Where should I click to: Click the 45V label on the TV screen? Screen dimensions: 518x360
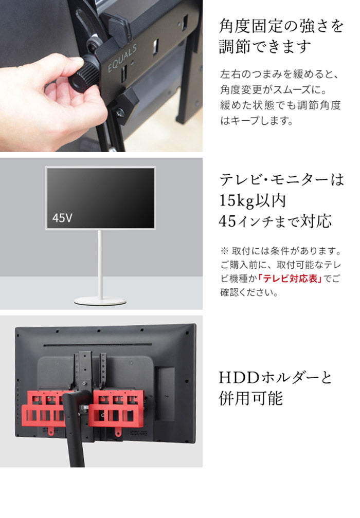pyautogui.click(x=62, y=218)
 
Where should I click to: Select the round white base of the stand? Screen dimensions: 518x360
pyautogui.click(x=100, y=301)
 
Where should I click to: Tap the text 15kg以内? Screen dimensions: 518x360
pyautogui.click(x=252, y=201)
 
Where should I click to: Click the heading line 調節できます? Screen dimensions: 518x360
pyautogui.click(x=265, y=47)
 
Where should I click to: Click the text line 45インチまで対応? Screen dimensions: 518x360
pyautogui.click(x=275, y=222)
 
